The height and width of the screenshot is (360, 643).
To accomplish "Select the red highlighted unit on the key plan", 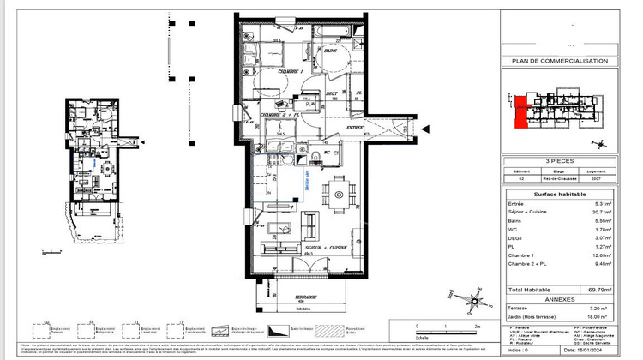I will point(520,112).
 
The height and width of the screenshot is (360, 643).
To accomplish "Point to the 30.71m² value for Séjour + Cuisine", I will point(600,211).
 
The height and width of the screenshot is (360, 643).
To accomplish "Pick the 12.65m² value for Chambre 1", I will point(600,255).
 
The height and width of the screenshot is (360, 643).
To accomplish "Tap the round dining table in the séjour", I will point(340,195).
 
